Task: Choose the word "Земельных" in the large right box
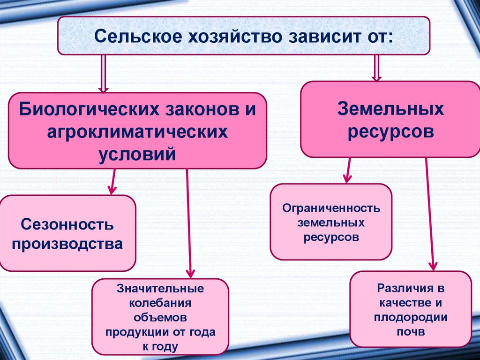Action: (x=390, y=110)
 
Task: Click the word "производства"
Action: (x=67, y=245)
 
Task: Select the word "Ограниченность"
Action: (x=331, y=207)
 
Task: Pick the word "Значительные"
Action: (x=160, y=287)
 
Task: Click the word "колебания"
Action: (x=160, y=302)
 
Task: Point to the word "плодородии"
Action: (x=410, y=317)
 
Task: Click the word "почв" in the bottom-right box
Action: (x=410, y=332)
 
